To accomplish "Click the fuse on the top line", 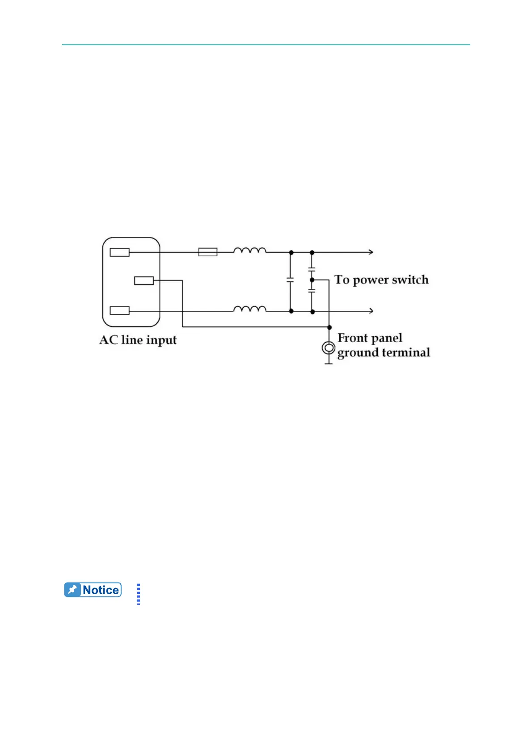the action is coord(208,252).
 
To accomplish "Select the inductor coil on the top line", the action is coord(250,250).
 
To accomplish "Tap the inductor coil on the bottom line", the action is coord(250,309).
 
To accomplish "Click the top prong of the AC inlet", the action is coord(120,252).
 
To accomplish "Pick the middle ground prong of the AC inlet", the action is coord(144,280).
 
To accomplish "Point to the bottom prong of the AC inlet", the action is coord(120,310).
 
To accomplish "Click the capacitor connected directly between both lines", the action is coord(291,279).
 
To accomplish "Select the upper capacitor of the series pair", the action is coord(312,269).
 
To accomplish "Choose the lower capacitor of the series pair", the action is coord(312,291).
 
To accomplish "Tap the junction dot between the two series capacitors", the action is coord(312,279).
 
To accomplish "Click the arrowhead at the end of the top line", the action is coord(371,252).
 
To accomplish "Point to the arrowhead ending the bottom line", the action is coord(371,311).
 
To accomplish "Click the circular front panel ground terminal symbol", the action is coord(328,348).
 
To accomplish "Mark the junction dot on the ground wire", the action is coord(329,327).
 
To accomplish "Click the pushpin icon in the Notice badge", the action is coord(72,590).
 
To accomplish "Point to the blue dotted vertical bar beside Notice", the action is coord(139,594).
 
